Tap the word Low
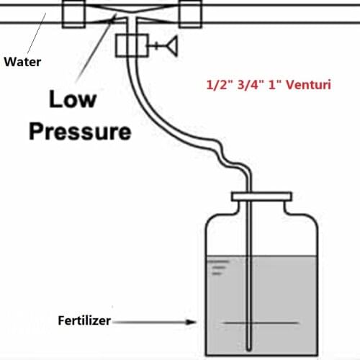pos(73,99)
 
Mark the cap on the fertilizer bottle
pos(261,196)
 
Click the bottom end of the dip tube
pos(251,344)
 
